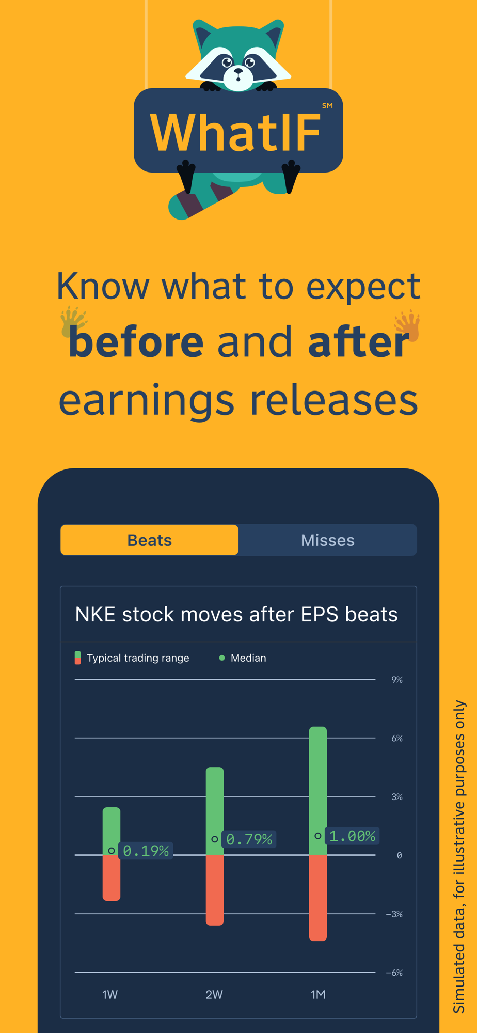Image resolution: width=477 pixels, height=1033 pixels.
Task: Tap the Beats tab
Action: pos(150,540)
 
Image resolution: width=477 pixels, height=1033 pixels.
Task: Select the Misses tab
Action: pos(327,540)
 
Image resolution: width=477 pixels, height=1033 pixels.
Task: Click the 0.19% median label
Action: pos(146,851)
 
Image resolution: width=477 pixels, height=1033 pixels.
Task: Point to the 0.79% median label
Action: pos(249,839)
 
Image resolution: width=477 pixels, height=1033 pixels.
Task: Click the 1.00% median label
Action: pos(353,836)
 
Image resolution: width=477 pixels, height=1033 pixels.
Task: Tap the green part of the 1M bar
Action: pos(318,791)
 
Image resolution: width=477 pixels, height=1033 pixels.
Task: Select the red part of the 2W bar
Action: pos(215,890)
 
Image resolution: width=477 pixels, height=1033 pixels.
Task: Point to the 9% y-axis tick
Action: pos(397,680)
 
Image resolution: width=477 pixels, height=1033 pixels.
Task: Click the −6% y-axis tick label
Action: pos(394,973)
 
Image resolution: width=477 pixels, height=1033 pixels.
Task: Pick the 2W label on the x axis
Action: pos(214,995)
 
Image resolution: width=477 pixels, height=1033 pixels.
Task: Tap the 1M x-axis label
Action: pos(318,995)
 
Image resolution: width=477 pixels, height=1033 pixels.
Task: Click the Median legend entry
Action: pos(243,658)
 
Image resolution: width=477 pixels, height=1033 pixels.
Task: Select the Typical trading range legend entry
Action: pos(132,658)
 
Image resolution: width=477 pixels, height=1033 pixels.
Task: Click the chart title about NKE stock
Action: pos(236,614)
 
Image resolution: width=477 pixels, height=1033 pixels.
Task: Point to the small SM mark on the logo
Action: pos(327,106)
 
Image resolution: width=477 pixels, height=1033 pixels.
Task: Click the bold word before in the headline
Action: pos(136,342)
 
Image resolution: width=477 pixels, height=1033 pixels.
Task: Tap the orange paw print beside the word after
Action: pos(408,325)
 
